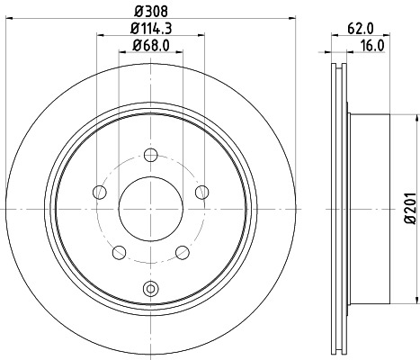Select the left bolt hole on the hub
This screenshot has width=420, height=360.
tap(97, 191)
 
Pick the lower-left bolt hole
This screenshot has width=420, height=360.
tap(117, 252)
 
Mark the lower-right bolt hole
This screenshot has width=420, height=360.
tap(182, 252)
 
